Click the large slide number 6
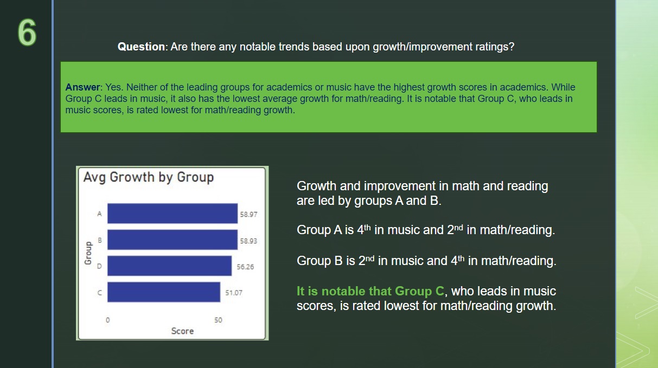[x=27, y=33]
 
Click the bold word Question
[x=141, y=47]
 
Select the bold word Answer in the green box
[x=82, y=87]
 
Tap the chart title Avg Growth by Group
[x=149, y=177]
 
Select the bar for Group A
[x=173, y=214]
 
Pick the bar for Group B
[x=173, y=240]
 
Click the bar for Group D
[x=169, y=266]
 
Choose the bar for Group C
[x=164, y=292]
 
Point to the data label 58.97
[x=248, y=215]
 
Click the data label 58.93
[x=248, y=241]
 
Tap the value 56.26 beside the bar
[x=245, y=267]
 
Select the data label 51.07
[x=234, y=293]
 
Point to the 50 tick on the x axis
[x=218, y=320]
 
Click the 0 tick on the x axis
[x=108, y=320]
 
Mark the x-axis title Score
[x=182, y=331]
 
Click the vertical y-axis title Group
[x=88, y=253]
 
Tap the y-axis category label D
[x=100, y=266]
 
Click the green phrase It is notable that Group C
[x=370, y=291]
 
